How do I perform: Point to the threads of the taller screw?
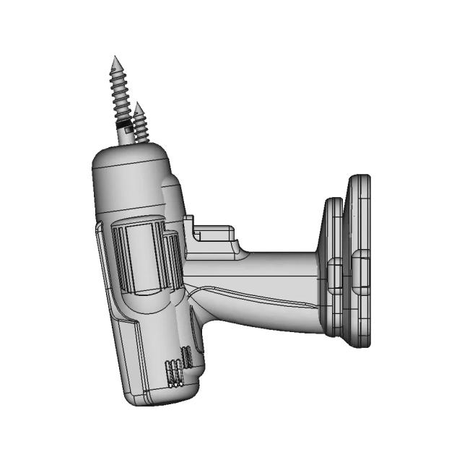tap(118, 90)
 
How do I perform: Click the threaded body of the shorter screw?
tap(141, 124)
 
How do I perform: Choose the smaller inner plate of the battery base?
tap(333, 267)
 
